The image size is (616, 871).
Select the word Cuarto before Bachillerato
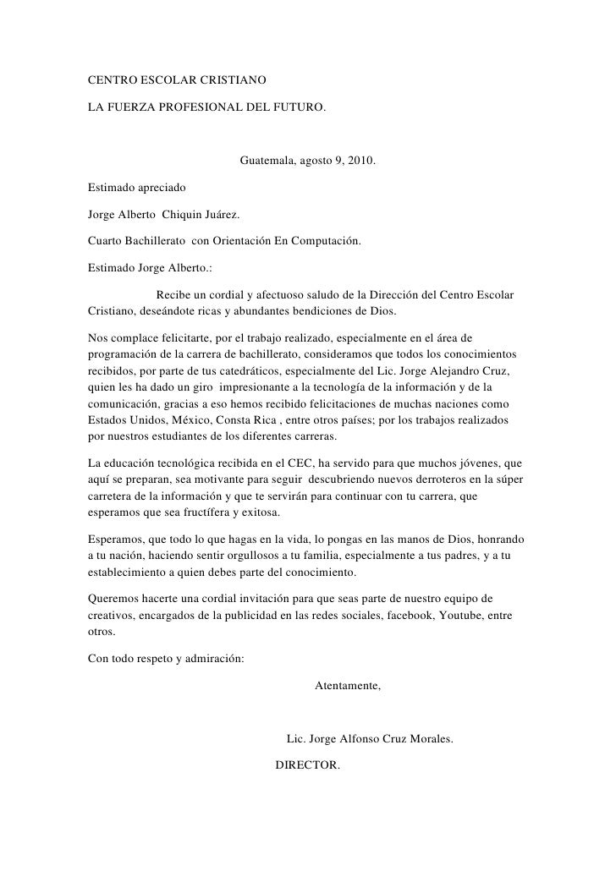pos(106,241)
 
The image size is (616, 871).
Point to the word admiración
pos(211,659)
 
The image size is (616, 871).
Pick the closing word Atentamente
pos(347,687)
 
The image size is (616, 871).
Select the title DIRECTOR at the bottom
pos(307,765)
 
